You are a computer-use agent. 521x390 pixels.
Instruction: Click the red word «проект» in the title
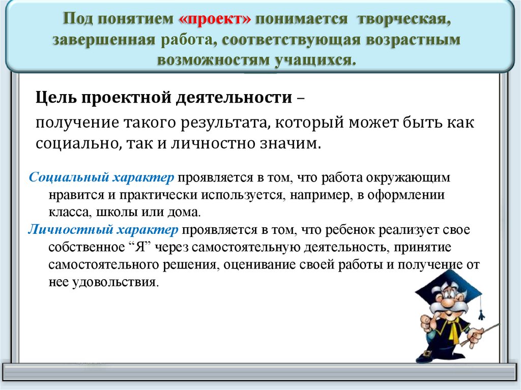[215, 18]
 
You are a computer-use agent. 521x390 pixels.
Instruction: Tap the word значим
[296, 144]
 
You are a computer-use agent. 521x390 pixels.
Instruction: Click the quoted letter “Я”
[140, 247]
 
